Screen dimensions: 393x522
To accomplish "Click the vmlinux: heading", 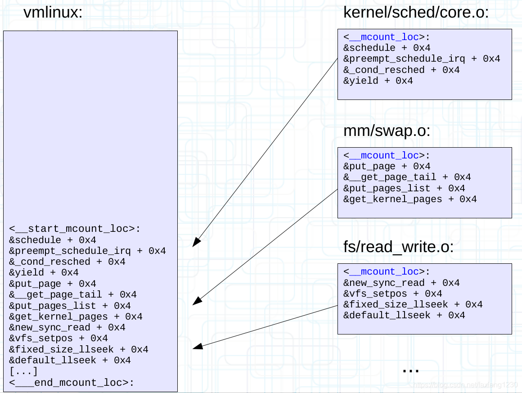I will click(x=53, y=13).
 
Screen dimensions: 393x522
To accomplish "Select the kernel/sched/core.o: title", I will click(x=416, y=13).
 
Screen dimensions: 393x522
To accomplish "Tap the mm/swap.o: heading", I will click(x=387, y=131).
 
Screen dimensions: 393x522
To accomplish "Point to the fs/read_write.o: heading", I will click(x=398, y=247).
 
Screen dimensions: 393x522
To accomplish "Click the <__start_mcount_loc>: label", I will click(x=75, y=229).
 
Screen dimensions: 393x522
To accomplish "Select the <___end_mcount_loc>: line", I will click(x=72, y=383).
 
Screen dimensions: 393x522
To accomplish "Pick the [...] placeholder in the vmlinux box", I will click(x=23, y=371).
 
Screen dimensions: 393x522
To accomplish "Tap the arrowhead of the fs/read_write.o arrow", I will click(x=195, y=347).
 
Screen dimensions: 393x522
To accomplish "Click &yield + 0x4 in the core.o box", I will click(x=378, y=81).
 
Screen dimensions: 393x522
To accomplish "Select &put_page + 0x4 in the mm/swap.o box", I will click(x=387, y=167).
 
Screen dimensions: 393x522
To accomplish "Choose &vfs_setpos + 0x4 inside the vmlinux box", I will click(x=58, y=339).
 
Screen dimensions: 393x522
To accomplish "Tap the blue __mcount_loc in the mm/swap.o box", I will click(x=384, y=155).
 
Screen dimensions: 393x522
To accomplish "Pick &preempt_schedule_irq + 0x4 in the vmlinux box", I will click(x=87, y=251).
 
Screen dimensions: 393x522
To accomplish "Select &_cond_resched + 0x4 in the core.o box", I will click(x=401, y=70).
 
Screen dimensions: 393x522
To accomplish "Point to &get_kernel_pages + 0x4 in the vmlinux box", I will click(x=76, y=317).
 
